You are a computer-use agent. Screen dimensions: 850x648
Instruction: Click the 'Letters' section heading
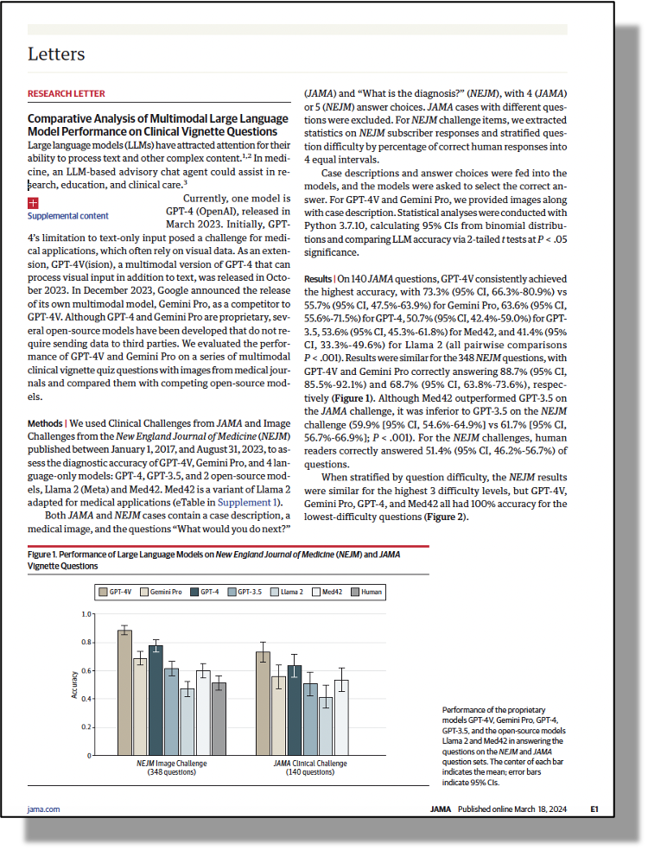[x=56, y=54]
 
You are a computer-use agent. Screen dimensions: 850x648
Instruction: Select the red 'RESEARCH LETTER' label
[x=67, y=93]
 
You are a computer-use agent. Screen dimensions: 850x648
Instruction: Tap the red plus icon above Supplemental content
[x=33, y=203]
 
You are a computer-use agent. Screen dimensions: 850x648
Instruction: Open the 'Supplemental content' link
[x=68, y=216]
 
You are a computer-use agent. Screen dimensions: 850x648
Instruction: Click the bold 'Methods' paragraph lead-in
[x=45, y=424]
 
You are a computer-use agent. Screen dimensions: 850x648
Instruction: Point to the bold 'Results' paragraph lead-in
[x=316, y=279]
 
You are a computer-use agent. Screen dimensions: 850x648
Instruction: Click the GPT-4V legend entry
[x=116, y=592]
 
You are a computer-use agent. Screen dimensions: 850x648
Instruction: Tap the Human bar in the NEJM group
[x=219, y=719]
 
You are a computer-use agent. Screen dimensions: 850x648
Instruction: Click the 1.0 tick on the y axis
[x=86, y=614]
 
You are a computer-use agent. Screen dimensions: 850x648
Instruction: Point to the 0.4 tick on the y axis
[x=86, y=699]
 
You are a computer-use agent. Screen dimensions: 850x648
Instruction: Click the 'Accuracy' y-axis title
[x=74, y=684]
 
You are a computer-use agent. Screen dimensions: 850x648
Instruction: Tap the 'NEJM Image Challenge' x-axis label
[x=172, y=763]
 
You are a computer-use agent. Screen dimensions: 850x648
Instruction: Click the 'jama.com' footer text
[x=43, y=809]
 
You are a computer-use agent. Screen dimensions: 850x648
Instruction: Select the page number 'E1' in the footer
[x=594, y=809]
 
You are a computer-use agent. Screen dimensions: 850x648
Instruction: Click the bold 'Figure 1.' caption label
[x=44, y=553]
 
